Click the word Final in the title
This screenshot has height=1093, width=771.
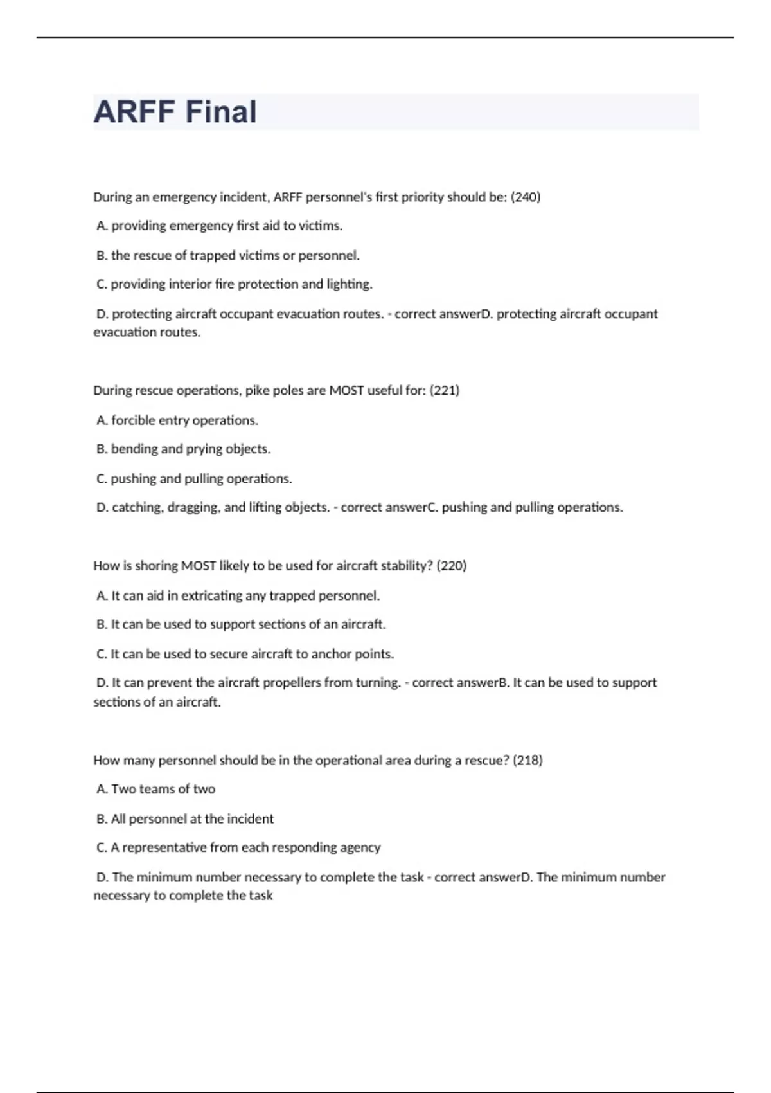[x=220, y=112]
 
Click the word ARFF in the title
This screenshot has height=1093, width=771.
[x=134, y=112]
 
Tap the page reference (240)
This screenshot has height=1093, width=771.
[x=525, y=197]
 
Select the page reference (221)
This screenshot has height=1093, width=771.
[x=444, y=390]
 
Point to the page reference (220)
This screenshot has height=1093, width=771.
[x=451, y=566]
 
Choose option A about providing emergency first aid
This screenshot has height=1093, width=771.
[x=219, y=226]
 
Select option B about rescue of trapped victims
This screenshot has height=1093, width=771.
[x=227, y=255]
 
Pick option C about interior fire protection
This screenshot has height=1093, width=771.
[x=235, y=284]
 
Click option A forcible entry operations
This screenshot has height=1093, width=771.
[x=177, y=420]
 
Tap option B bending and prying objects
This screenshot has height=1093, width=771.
[x=183, y=449]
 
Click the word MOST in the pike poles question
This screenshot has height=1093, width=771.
[x=346, y=390]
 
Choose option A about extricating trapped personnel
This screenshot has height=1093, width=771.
[x=238, y=595]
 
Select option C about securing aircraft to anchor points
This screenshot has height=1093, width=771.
[x=245, y=654]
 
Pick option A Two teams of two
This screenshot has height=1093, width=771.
[x=155, y=789]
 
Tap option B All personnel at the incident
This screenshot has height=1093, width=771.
[x=185, y=818]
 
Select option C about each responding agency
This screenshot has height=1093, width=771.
[x=238, y=847]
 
